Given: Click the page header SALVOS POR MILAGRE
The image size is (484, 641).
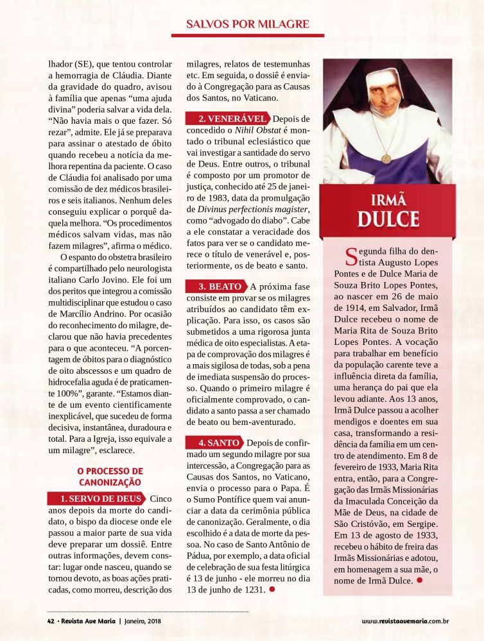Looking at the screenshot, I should [x=248, y=24].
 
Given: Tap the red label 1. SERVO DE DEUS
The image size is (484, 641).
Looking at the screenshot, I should [x=97, y=499].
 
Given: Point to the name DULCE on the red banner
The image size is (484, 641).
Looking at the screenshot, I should [x=388, y=218].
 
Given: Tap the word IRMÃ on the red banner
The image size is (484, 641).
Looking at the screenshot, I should [x=388, y=197].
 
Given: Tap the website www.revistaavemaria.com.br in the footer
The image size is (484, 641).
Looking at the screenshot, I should [x=404, y=620].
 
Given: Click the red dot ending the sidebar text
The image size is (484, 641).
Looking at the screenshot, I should [x=419, y=579].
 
